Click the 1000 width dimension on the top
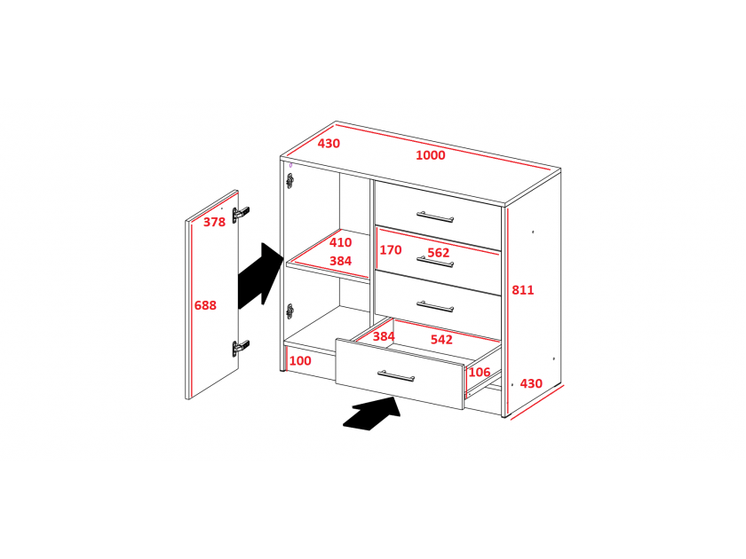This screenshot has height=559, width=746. [x=431, y=155]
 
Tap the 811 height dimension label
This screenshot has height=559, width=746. [x=523, y=290]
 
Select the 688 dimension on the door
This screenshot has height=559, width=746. [x=205, y=305]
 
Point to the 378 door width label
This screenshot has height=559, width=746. [x=215, y=222]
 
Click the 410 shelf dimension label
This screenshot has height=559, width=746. [x=341, y=242]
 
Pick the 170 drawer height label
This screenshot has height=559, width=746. [x=391, y=250]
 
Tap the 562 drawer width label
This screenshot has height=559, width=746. [x=438, y=253]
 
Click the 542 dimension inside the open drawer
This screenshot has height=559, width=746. [x=441, y=339]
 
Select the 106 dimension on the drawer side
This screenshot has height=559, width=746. [x=479, y=372]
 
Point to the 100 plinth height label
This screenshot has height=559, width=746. [x=300, y=361]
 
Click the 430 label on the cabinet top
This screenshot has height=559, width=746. [x=329, y=144]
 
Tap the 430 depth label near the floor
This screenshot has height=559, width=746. [x=531, y=383]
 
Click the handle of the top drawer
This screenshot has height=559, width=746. [x=435, y=217]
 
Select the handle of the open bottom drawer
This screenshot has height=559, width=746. [x=396, y=376]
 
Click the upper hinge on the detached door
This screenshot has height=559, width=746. [x=241, y=215]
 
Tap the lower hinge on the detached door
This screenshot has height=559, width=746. [x=241, y=348]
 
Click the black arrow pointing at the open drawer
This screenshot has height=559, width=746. [x=372, y=413]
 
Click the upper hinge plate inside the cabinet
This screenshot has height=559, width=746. [x=290, y=181]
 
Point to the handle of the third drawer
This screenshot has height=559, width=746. [x=435, y=306]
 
